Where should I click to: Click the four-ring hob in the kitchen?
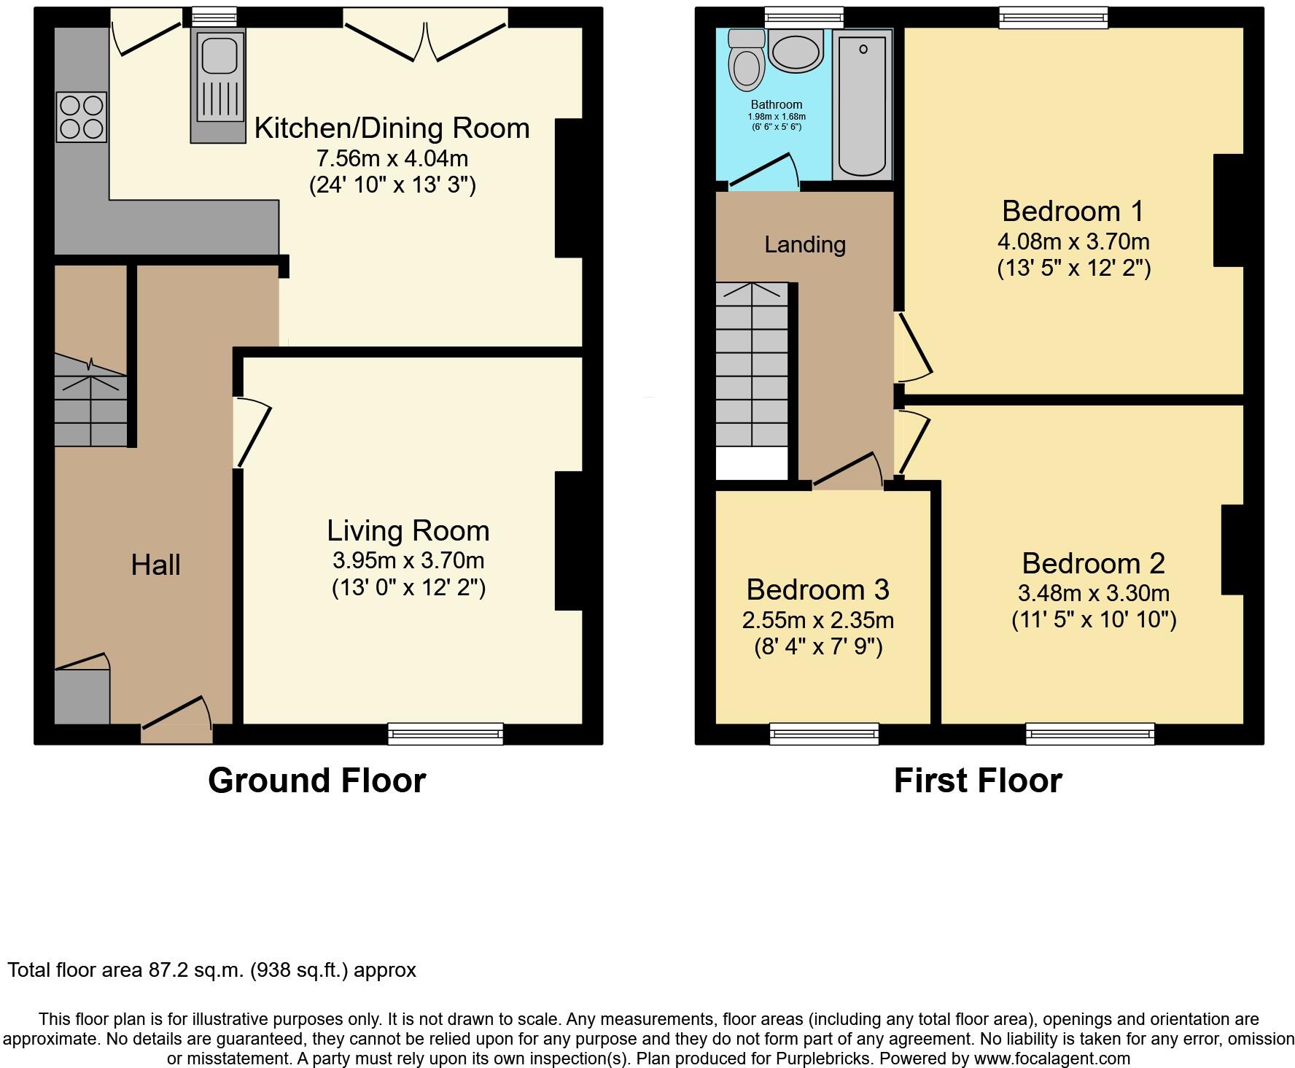pyautogui.click(x=82, y=117)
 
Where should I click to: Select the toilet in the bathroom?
pyautogui.click(x=746, y=58)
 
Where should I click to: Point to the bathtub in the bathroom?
pyautogui.click(x=862, y=106)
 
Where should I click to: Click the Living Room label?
pyautogui.click(x=408, y=531)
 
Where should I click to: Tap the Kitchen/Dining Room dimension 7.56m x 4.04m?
pyautogui.click(x=392, y=158)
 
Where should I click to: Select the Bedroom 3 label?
pyautogui.click(x=817, y=589)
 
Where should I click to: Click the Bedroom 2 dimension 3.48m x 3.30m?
pyautogui.click(x=1093, y=593)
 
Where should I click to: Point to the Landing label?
pyautogui.click(x=805, y=244)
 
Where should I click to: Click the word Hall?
pyautogui.click(x=155, y=565)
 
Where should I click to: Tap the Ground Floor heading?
pyautogui.click(x=316, y=781)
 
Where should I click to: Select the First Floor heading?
pyautogui.click(x=977, y=781)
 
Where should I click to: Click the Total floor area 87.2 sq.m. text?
pyautogui.click(x=211, y=970)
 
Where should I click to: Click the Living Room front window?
pyautogui.click(x=446, y=732)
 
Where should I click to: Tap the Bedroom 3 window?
pyautogui.click(x=824, y=732)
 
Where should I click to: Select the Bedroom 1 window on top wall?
pyautogui.click(x=1053, y=18)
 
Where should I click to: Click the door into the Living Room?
pyautogui.click(x=252, y=432)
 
